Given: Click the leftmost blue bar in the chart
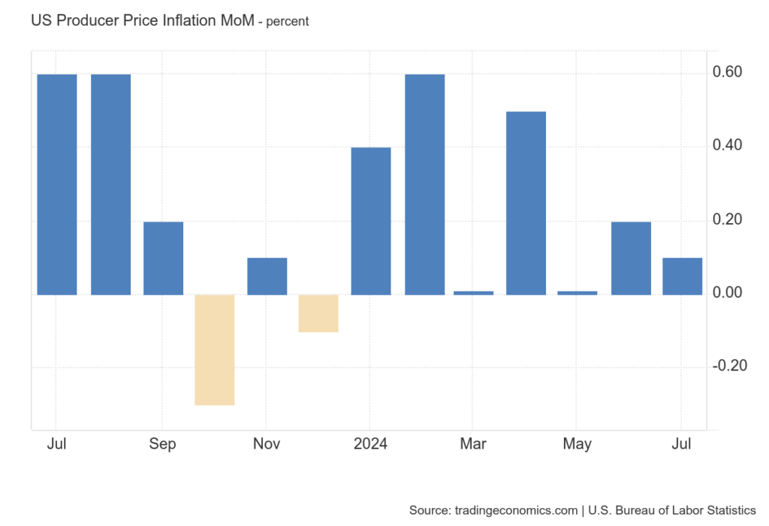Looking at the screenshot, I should coord(57,184).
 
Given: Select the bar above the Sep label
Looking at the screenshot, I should coord(163,258).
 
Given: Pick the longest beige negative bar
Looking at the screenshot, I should coord(215,349).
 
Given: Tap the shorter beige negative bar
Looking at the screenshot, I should coord(318,313).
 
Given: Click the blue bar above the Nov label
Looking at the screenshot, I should coord(267,276).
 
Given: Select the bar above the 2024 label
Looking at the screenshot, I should coord(371,221).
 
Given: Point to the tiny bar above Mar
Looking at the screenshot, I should coord(474,292).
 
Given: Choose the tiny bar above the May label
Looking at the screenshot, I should coord(578,292).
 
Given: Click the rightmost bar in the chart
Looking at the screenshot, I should coord(682,276).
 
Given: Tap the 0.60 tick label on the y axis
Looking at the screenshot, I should coord(727,72).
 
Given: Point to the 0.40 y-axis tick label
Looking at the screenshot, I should coord(727,145).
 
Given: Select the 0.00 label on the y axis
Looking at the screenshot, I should coord(727,292).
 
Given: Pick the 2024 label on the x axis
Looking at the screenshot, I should coord(370,444).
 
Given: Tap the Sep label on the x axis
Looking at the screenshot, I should coord(162,444).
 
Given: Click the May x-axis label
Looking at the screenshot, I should coord(577,444).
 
